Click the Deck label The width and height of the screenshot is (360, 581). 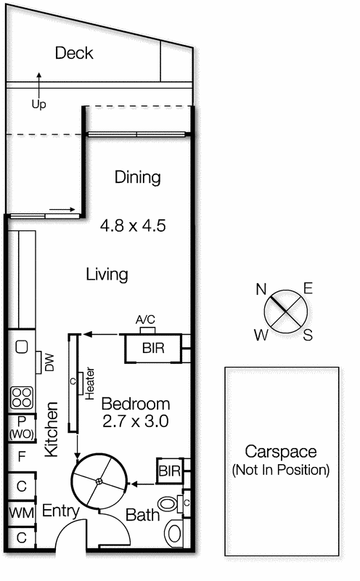coord(74,53)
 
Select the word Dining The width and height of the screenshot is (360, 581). coord(137,177)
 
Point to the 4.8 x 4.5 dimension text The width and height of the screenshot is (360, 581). coord(133,226)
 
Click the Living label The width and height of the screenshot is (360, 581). coord(107,275)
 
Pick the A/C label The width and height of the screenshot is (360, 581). coord(146,320)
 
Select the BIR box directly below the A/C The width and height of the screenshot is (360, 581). coord(152,349)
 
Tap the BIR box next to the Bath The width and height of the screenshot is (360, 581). coord(170,471)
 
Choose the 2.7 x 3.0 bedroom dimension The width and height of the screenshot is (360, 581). coord(135,420)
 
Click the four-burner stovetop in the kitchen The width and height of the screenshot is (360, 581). coord(21,397)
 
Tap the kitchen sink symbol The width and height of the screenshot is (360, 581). coord(21,346)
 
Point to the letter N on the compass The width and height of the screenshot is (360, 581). coord(261,289)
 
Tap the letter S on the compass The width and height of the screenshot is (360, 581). coord(308,335)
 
